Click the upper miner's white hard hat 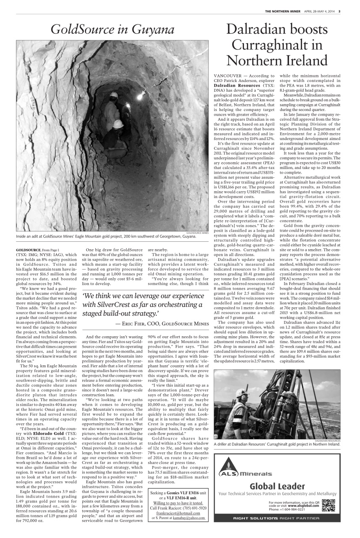tap(114, 96)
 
